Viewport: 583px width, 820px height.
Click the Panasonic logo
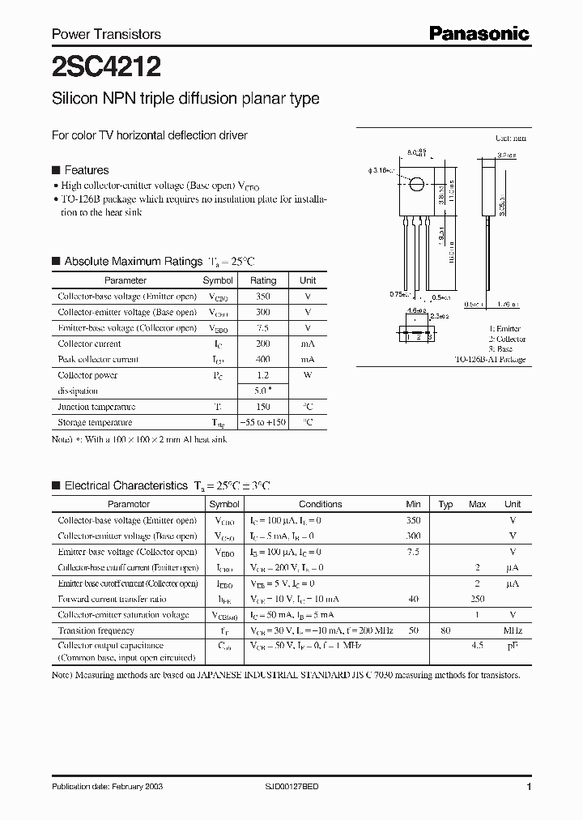(x=479, y=32)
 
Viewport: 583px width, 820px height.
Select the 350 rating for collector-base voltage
(x=262, y=297)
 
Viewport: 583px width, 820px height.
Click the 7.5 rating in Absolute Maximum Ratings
(x=262, y=328)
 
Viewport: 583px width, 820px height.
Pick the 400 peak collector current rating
(x=262, y=359)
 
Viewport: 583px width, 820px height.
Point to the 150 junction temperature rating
(x=262, y=407)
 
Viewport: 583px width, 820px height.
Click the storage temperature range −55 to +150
(x=262, y=423)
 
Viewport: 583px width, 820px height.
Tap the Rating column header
(x=262, y=280)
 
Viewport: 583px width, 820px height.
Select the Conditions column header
(x=320, y=504)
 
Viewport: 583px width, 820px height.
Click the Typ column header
(x=445, y=504)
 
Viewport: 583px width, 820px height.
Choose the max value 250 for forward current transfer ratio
(x=477, y=599)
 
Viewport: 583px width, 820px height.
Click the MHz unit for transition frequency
(x=513, y=630)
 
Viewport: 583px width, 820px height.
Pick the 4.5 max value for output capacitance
(x=477, y=646)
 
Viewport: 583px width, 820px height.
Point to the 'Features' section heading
(x=86, y=170)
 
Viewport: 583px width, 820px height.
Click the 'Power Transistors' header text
(x=106, y=34)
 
